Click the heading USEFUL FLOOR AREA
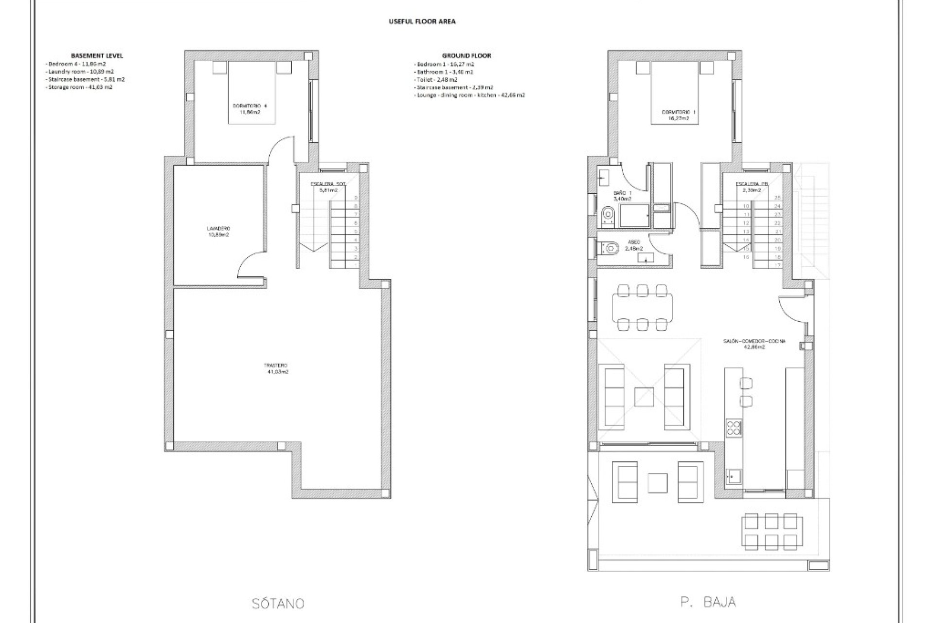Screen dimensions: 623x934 tap(422, 21)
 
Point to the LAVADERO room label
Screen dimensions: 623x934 tap(218, 231)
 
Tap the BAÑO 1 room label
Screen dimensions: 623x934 tap(622, 196)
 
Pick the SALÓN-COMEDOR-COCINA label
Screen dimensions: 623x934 tap(754, 344)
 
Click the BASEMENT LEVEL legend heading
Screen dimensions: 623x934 tap(97, 55)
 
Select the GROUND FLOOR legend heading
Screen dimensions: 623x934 tap(466, 55)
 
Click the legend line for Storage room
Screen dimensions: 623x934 tap(79, 87)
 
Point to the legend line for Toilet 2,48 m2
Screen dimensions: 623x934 tap(436, 79)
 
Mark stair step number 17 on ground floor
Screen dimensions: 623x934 tap(777, 265)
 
